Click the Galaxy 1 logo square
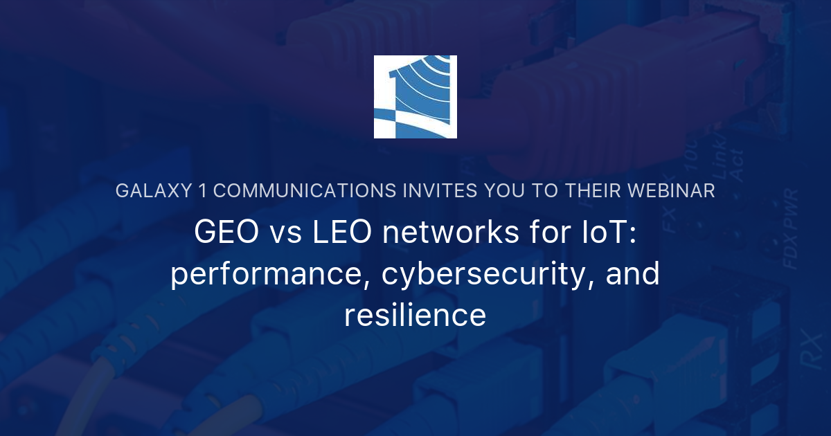coord(415,97)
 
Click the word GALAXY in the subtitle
coord(154,191)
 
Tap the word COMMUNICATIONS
coord(305,191)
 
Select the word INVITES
coord(440,191)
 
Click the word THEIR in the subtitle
coord(593,191)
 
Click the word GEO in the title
coord(226,232)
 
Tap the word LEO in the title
coord(341,232)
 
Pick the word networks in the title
coord(450,232)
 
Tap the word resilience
coord(415,315)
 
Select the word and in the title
coord(632,273)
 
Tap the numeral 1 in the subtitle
coord(202,191)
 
